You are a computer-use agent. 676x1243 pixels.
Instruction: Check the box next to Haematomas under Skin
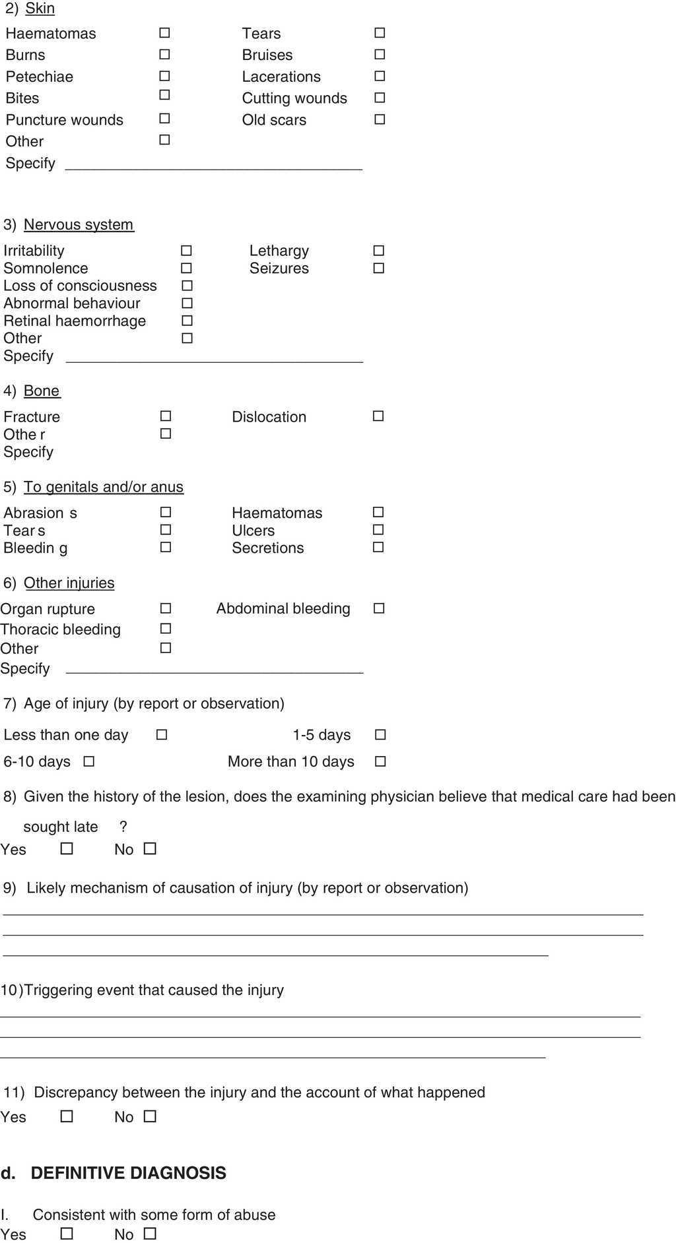tap(164, 32)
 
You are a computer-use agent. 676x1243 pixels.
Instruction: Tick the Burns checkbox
tap(164, 54)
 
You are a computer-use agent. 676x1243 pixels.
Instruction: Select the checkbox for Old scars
tap(380, 119)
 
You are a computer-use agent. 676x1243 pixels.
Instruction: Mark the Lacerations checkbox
tap(380, 76)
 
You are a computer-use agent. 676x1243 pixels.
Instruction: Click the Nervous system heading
tap(79, 224)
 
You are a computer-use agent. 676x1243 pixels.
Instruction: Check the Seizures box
tap(379, 268)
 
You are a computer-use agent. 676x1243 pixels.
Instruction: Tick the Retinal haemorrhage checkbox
tap(187, 321)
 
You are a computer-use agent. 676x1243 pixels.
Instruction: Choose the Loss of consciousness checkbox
tap(187, 286)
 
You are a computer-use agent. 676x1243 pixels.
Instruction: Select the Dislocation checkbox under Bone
tap(378, 416)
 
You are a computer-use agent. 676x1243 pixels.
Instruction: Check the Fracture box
tap(166, 416)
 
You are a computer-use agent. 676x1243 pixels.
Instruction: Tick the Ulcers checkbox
tap(378, 530)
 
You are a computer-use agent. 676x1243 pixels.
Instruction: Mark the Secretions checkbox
tap(378, 547)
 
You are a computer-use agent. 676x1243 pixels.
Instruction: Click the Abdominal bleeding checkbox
tap(379, 608)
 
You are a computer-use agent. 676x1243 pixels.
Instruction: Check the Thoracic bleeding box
tap(166, 629)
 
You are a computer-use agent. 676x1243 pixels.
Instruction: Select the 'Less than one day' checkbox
tap(162, 734)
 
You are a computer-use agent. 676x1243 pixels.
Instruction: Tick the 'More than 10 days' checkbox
tap(380, 761)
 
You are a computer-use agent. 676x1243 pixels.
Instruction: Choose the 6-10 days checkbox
tap(89, 761)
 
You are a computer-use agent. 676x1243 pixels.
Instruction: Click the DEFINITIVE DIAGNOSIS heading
tap(128, 1172)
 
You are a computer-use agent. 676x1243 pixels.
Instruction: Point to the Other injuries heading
tap(69, 583)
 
